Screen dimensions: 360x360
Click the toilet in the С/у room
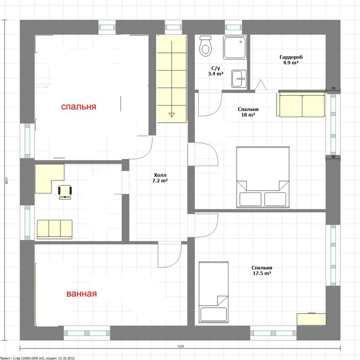click(205, 46)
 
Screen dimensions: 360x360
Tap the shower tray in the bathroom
click(235, 48)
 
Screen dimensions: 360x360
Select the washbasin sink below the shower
click(239, 79)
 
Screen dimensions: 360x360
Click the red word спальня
click(79, 107)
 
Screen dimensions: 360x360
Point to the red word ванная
click(82, 294)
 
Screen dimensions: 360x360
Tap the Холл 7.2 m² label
click(160, 178)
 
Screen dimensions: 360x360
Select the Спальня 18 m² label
click(248, 112)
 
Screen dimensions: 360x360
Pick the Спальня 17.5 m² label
click(262, 270)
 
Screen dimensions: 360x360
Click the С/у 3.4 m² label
click(216, 71)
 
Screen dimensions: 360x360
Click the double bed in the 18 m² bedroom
click(263, 177)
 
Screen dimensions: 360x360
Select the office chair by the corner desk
click(65, 192)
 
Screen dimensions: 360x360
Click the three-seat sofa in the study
click(55, 229)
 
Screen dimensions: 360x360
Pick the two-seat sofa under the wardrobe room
click(302, 106)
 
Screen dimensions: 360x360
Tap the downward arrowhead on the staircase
click(171, 115)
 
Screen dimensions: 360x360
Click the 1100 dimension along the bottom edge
click(180, 347)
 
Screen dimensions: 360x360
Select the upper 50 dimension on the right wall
click(334, 88)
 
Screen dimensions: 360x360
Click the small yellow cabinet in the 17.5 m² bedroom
click(312, 319)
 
